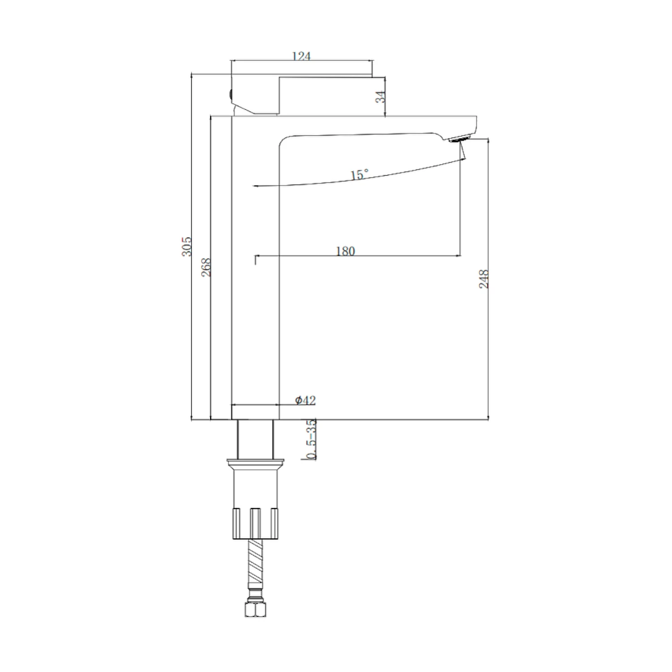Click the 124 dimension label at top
[x=301, y=56]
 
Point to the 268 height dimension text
[x=206, y=267]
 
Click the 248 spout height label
[x=484, y=279]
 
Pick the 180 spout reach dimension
[x=345, y=251]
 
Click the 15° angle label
[x=359, y=174]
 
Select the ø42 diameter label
[x=306, y=400]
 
